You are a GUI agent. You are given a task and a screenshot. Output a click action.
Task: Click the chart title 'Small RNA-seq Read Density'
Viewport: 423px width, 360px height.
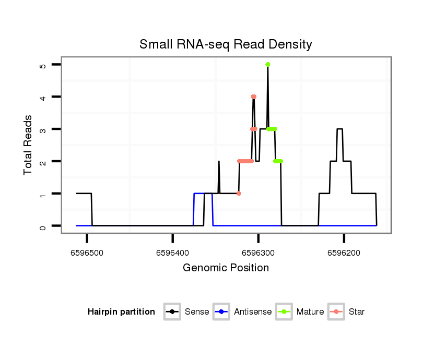[226, 44]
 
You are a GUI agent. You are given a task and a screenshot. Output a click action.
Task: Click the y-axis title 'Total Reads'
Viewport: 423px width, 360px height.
[28, 145]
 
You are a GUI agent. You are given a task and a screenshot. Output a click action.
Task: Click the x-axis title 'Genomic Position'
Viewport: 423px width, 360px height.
[226, 268]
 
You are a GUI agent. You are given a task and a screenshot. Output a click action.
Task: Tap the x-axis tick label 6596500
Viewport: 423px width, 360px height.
[87, 253]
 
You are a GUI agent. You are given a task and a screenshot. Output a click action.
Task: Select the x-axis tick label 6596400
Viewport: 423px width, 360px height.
[172, 253]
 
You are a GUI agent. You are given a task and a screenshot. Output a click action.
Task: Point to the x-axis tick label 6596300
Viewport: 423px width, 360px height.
[258, 253]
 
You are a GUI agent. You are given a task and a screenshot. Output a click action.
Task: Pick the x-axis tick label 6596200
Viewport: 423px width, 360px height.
[344, 253]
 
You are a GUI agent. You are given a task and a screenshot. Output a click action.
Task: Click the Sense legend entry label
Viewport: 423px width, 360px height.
[197, 312]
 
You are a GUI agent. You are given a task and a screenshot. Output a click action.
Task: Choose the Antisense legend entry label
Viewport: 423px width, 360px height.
[253, 312]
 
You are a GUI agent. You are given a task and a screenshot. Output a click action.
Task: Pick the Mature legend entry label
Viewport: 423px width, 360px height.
[310, 312]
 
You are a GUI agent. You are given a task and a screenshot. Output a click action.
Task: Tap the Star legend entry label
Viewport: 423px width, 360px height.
[357, 312]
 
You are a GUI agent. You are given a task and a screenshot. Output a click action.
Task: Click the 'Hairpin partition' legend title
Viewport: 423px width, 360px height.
[121, 312]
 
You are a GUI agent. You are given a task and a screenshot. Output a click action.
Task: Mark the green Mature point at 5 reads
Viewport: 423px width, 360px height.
[267, 65]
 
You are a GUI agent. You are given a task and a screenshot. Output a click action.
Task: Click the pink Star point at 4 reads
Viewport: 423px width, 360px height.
[254, 97]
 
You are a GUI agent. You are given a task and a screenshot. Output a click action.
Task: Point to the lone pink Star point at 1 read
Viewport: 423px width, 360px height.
[239, 194]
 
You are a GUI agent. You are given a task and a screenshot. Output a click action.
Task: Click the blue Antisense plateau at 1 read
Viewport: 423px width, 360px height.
[203, 194]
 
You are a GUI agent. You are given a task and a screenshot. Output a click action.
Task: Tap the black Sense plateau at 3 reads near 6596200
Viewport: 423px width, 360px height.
[340, 129]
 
